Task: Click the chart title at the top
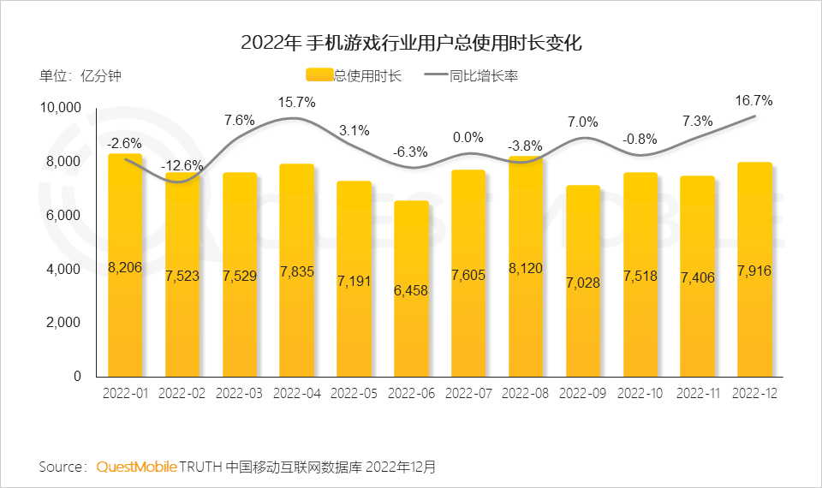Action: [x=411, y=43]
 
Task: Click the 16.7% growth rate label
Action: [x=753, y=100]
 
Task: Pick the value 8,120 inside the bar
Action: [x=525, y=267]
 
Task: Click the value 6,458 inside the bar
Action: [x=411, y=290]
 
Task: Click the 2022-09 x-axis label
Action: [x=582, y=394]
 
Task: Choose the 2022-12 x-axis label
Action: [x=754, y=394]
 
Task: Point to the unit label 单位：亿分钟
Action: [x=81, y=76]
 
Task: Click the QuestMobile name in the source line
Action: [x=137, y=467]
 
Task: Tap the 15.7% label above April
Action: [x=296, y=103]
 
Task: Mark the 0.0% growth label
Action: [x=468, y=137]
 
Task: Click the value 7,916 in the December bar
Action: [x=754, y=271]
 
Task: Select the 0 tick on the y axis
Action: [x=76, y=377]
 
